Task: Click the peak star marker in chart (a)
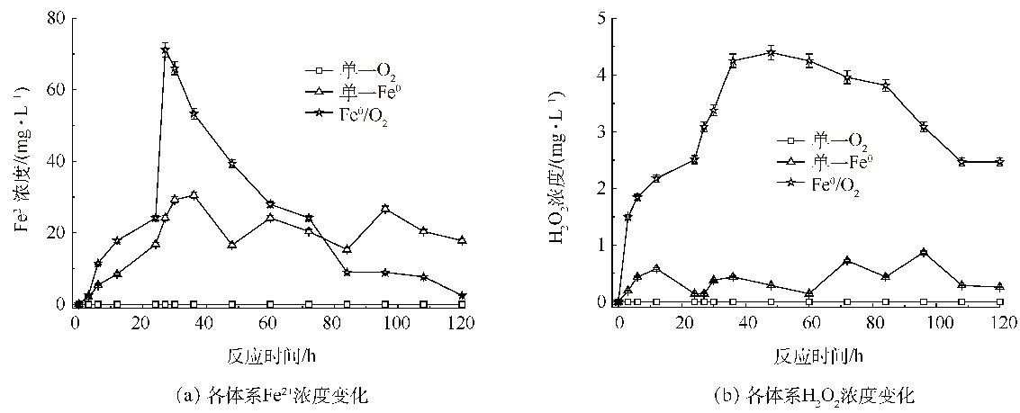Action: (x=165, y=49)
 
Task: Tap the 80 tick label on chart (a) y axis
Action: (x=57, y=18)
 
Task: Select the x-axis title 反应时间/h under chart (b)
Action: (x=809, y=355)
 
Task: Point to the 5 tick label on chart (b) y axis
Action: (x=598, y=18)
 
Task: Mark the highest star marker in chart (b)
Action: (x=771, y=52)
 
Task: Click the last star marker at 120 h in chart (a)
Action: (x=462, y=295)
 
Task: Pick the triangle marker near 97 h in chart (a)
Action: (x=385, y=209)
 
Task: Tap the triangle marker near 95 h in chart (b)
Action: (x=924, y=253)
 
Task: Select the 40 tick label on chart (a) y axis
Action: (x=57, y=161)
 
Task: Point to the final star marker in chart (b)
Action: (x=1000, y=162)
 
